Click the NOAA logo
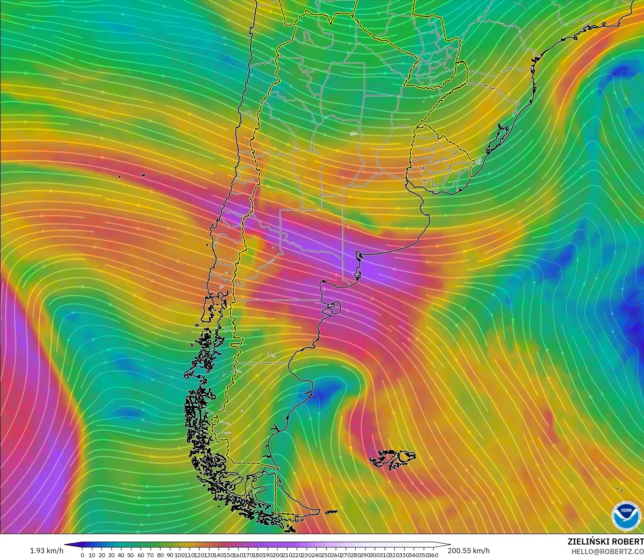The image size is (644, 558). click(626, 515)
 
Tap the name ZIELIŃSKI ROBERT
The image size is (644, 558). click(605, 542)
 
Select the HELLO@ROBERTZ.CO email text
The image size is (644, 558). click(607, 551)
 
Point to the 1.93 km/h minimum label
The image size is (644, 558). click(46, 551)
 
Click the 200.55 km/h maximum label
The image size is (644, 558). click(469, 551)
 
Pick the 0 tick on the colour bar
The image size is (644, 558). click(82, 555)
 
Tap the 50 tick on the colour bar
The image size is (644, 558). click(131, 555)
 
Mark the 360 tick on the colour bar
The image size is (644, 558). click(434, 555)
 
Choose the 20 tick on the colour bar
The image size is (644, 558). click(102, 555)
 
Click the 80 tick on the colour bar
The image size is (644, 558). click(160, 555)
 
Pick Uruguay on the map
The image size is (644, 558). click(438, 163)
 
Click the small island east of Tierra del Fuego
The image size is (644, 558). click(331, 512)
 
